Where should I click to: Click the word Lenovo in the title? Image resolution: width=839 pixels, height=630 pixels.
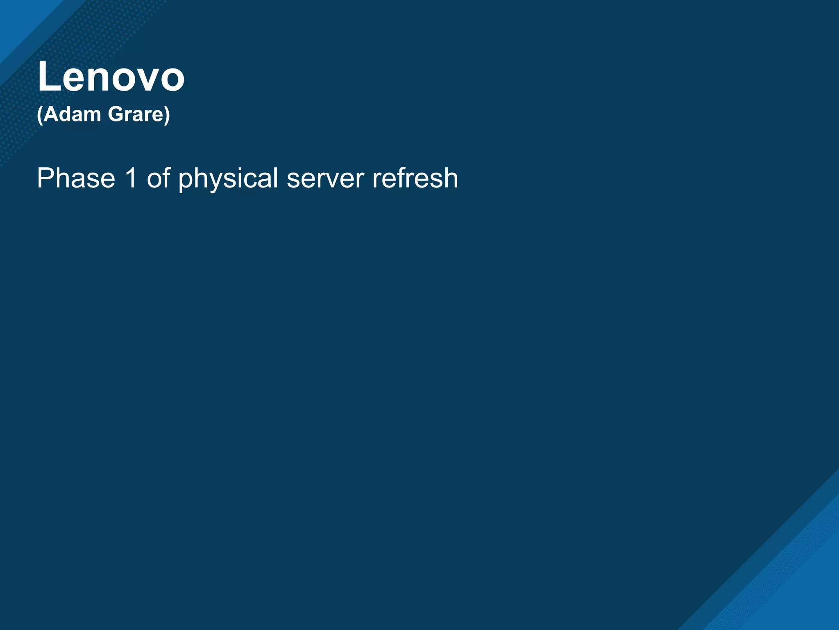(111, 77)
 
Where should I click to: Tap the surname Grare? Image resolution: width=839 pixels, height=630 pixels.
(135, 114)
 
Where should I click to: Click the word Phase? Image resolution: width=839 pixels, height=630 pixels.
(76, 178)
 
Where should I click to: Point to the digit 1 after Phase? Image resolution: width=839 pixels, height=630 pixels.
(131, 178)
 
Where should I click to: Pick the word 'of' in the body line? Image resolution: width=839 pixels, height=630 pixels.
(158, 178)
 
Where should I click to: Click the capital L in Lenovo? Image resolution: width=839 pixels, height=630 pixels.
(48, 77)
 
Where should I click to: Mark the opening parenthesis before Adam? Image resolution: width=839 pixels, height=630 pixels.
(40, 115)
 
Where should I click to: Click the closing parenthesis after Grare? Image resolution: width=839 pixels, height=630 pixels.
(167, 115)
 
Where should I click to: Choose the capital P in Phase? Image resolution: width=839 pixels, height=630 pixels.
(45, 178)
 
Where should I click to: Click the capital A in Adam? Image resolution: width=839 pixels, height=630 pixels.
(51, 114)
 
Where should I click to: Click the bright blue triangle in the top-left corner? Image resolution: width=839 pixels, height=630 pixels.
(16, 21)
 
